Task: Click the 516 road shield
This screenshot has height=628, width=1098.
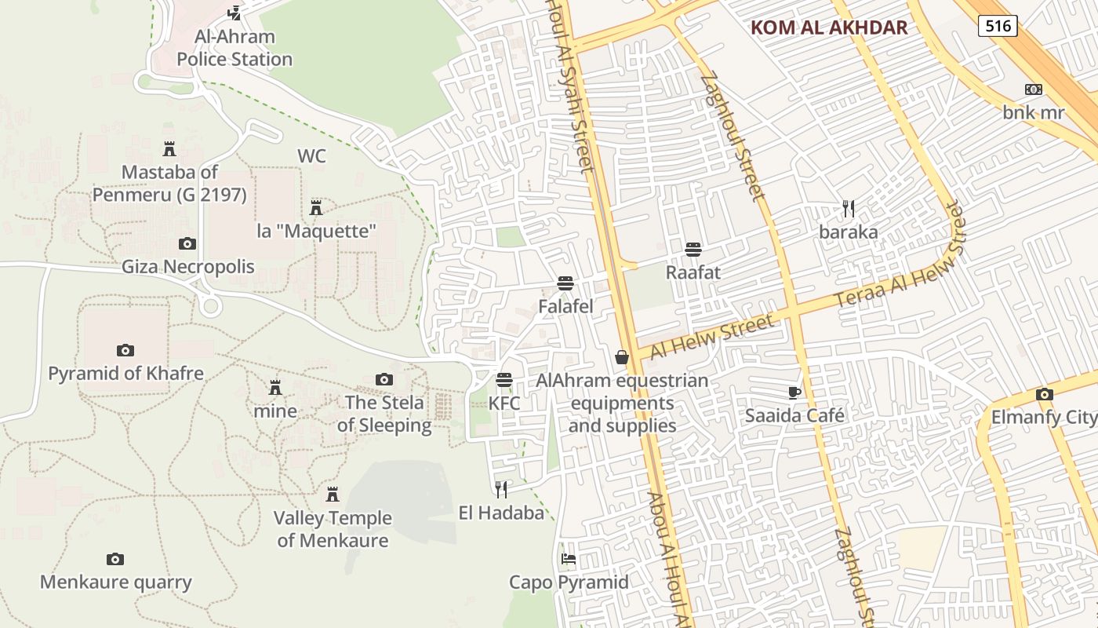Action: coord(998,26)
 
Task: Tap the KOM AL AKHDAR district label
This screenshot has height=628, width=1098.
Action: coord(829,27)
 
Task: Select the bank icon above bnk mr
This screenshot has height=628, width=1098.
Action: coord(1034,89)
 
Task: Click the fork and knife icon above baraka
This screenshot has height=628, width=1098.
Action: coord(848,208)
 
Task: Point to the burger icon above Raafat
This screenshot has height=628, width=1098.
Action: coord(693,250)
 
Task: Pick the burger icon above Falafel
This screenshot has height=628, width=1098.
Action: coord(565,283)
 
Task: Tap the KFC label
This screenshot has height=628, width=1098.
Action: coord(504,403)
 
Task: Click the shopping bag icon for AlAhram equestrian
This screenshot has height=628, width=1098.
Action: coord(622,358)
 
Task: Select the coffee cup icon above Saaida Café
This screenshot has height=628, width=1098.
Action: coord(794,392)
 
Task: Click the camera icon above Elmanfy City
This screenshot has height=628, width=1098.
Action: coord(1044,394)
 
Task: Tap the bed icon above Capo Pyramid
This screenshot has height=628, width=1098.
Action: coord(569,559)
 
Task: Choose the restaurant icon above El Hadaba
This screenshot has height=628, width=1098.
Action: coord(501,490)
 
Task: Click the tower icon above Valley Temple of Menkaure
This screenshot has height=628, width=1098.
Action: coord(333,494)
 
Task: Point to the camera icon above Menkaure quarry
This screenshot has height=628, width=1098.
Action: coord(115,559)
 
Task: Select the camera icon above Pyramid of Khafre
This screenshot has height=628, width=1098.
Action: coord(125,350)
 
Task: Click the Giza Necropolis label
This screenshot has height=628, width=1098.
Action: coord(187,267)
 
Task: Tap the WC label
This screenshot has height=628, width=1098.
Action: coord(311,156)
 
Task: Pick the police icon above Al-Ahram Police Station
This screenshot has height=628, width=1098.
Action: coord(234,13)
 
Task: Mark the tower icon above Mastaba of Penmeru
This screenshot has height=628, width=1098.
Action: coord(169,148)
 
